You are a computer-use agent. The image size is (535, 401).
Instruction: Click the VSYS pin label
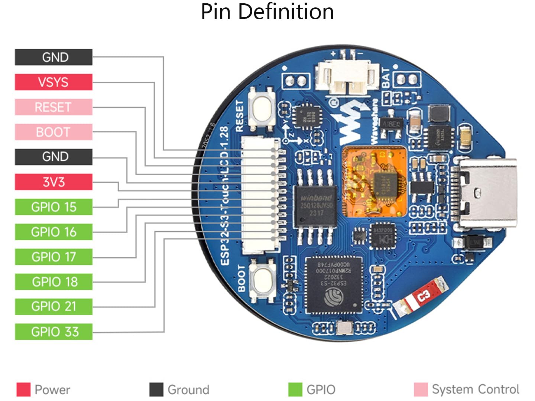tap(53, 82)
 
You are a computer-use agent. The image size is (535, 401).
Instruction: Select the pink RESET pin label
tap(53, 107)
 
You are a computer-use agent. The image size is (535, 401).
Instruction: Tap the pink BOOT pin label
tap(53, 132)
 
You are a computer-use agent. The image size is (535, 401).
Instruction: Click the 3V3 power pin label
tap(53, 182)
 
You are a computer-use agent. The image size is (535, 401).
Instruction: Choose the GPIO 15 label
tap(53, 207)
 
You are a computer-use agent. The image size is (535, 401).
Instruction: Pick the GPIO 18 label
tap(53, 282)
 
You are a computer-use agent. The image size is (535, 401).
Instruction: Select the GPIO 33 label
tap(53, 332)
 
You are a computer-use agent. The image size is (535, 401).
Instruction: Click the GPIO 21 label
tap(53, 306)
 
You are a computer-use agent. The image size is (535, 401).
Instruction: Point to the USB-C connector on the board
tap(485, 192)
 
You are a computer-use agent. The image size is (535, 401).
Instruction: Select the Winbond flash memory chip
tap(315, 206)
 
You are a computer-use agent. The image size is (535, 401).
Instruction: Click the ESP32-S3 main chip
tap(333, 284)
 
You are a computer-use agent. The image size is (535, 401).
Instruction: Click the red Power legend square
tap(23, 389)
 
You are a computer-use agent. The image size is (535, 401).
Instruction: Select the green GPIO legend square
tap(295, 389)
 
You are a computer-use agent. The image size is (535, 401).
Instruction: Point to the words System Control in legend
tap(475, 389)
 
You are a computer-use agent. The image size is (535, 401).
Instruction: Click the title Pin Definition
tap(267, 12)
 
